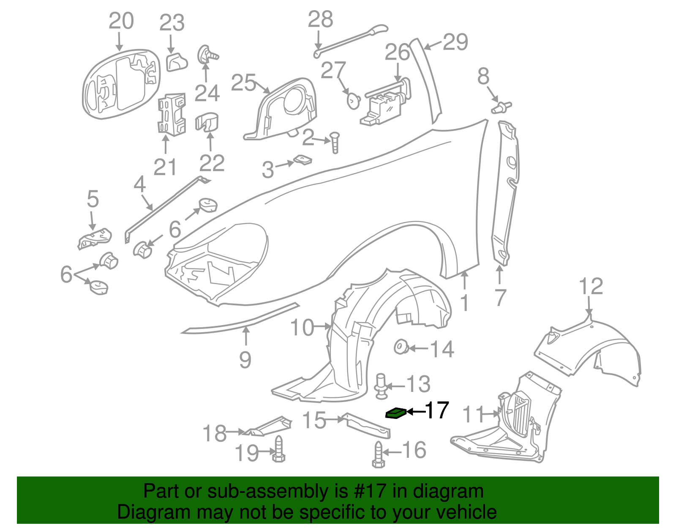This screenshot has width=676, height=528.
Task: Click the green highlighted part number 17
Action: [396, 413]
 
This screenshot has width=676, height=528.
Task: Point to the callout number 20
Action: [121, 21]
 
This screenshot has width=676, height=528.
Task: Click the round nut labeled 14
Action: [401, 347]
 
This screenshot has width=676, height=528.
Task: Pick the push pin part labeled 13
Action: [382, 386]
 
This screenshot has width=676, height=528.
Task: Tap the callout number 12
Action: [591, 287]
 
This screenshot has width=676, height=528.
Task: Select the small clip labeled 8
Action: [501, 107]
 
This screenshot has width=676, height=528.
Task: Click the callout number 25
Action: [244, 82]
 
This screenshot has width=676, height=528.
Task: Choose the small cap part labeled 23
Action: [176, 62]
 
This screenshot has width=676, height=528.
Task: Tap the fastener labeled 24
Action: [207, 55]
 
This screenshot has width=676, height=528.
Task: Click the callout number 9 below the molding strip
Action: [245, 360]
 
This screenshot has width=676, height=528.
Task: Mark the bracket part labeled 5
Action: [95, 239]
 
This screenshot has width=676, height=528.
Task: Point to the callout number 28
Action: [320, 19]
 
